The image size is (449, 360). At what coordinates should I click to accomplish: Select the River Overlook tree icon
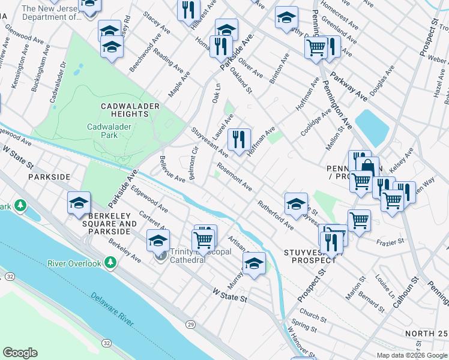click(110, 262)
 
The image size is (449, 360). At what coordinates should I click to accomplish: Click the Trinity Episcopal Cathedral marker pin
click(160, 256)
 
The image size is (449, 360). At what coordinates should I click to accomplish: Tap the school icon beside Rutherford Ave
click(296, 204)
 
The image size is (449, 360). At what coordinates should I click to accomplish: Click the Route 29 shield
click(190, 324)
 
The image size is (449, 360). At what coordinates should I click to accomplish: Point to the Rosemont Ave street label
click(234, 176)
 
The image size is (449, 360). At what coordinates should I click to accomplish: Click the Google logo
click(20, 352)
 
